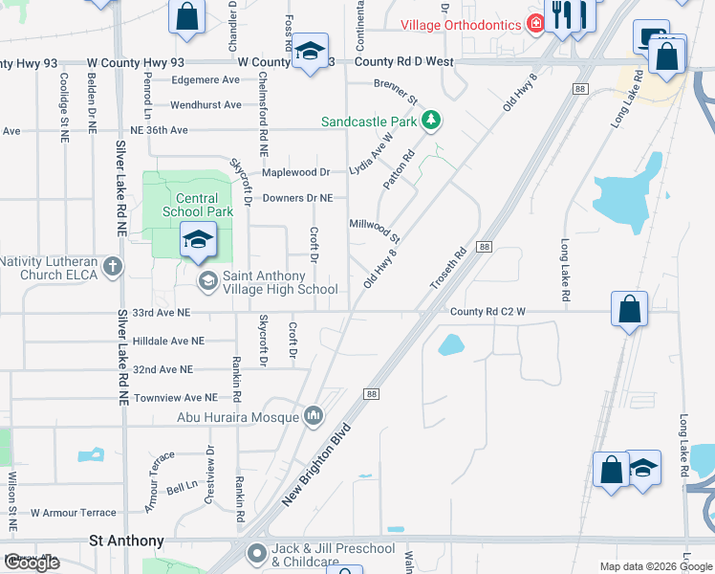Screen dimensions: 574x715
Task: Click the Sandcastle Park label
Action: (x=369, y=121)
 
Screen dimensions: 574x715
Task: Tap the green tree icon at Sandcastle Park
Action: (x=432, y=121)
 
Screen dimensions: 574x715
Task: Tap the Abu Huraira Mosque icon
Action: (x=314, y=416)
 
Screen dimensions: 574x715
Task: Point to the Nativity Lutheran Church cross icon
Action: (x=113, y=267)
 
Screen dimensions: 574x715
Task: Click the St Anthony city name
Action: (x=126, y=541)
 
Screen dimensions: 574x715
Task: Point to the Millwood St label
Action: (x=374, y=228)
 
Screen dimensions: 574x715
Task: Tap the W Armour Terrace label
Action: (x=73, y=513)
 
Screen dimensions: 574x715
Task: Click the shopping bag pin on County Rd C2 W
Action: (x=629, y=309)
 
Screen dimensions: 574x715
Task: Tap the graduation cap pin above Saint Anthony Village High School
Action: (x=198, y=240)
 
